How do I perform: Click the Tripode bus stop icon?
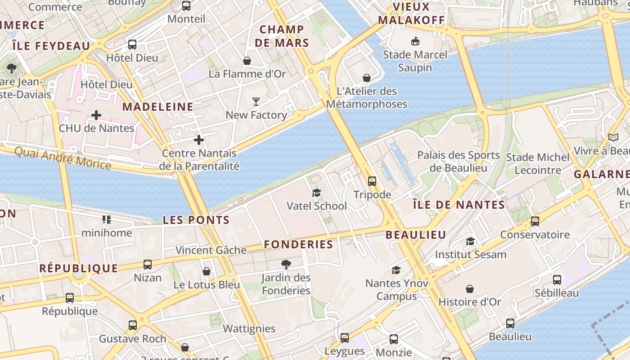(x=372, y=181)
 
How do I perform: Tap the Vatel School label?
(x=317, y=206)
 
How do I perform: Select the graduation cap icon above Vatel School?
(x=317, y=193)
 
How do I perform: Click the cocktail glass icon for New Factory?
(x=256, y=102)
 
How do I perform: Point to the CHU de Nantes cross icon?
(x=96, y=115)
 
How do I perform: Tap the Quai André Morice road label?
(x=63, y=157)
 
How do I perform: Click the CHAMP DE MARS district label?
(x=282, y=36)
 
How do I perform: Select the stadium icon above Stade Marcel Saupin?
(x=415, y=41)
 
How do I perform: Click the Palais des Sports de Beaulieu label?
(x=459, y=162)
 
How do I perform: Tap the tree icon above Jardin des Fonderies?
(x=286, y=264)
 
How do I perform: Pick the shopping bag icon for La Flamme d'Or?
(x=247, y=61)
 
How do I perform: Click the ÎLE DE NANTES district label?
(x=459, y=205)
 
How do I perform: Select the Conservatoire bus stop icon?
(x=535, y=221)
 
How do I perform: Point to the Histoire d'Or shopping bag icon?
(x=470, y=289)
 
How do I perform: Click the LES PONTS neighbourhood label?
(x=196, y=220)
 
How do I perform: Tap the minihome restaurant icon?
(x=107, y=220)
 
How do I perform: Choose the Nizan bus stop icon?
(x=148, y=265)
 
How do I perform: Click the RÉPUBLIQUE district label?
(x=79, y=269)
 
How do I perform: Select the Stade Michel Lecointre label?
(x=538, y=164)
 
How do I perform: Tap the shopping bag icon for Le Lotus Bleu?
(x=207, y=271)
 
